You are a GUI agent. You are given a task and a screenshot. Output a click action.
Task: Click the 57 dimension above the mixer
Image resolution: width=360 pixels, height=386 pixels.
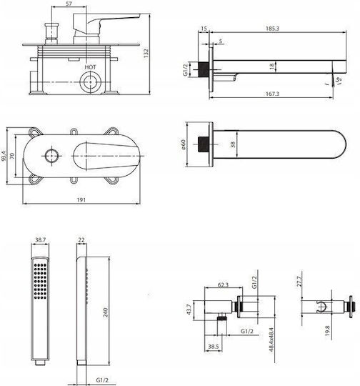pos(69,4)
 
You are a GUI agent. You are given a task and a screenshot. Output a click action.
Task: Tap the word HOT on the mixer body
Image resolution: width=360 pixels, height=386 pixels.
pos(90,67)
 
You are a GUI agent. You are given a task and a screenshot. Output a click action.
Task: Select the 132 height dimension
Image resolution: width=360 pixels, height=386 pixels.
pos(146,54)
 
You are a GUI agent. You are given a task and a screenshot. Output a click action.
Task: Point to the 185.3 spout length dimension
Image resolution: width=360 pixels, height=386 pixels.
pos(272,29)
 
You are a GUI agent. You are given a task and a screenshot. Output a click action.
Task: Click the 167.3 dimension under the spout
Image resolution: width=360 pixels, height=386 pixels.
pos(272,94)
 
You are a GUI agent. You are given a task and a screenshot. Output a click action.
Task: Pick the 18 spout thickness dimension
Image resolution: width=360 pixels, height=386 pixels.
pos(272,66)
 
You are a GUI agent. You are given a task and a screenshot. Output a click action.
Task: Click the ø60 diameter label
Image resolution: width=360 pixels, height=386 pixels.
pos(183,144)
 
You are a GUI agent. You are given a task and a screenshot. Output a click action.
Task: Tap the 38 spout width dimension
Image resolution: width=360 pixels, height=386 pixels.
pos(233,144)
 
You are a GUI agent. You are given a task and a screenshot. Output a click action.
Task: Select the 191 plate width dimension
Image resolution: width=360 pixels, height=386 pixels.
pos(81,200)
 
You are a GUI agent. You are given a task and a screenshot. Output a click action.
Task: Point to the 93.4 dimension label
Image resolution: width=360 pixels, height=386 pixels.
pos(3,156)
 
